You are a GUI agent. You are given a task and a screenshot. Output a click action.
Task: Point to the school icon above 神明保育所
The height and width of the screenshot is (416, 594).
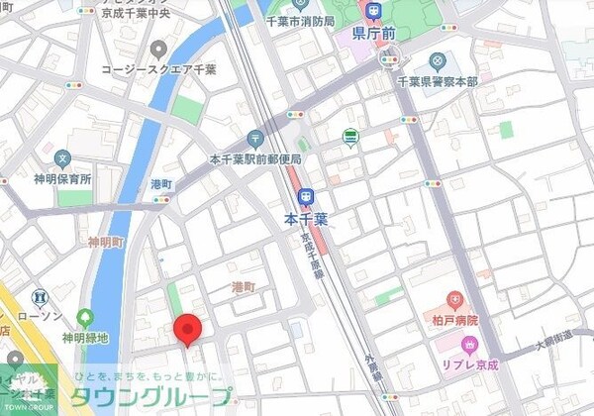tap(62, 158)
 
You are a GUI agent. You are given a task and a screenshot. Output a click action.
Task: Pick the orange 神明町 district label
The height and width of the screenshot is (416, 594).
tap(105, 242)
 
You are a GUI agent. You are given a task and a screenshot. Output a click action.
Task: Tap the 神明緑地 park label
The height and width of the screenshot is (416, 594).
tap(84, 338)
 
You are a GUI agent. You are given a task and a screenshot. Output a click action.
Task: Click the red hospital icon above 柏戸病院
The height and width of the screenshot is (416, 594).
tap(454, 300)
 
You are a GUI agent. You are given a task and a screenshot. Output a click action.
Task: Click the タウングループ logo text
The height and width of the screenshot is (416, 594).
tap(154, 398)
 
